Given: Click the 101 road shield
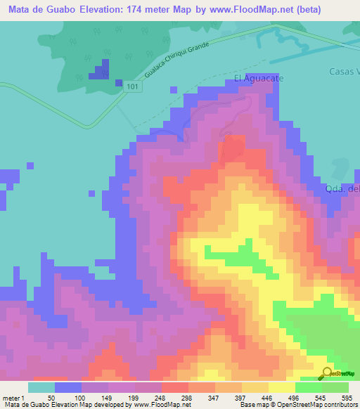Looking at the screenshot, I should coord(134,86).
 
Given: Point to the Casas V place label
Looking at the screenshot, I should coord(344,72).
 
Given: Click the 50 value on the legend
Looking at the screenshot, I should coord(51,397).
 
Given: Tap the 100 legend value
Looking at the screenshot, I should coord(79,397).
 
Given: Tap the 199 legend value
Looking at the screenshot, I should coord(133,397).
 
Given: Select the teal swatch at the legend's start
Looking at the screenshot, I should coord(41,387).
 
